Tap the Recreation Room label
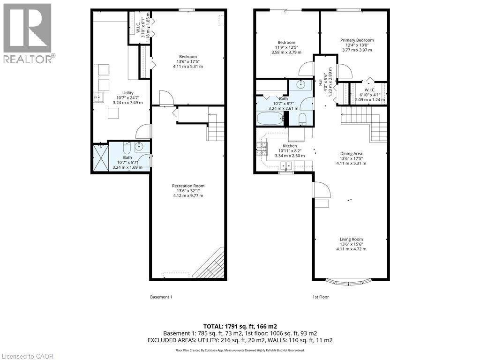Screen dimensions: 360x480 188,186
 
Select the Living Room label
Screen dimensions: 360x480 351,240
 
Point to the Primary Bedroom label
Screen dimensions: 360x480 357,40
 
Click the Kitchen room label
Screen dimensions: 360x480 283,146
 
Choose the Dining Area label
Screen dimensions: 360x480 351,153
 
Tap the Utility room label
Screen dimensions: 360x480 127,93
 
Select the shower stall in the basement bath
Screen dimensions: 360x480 100,156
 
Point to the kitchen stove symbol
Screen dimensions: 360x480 261,149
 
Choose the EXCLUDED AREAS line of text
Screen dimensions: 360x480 240,339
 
